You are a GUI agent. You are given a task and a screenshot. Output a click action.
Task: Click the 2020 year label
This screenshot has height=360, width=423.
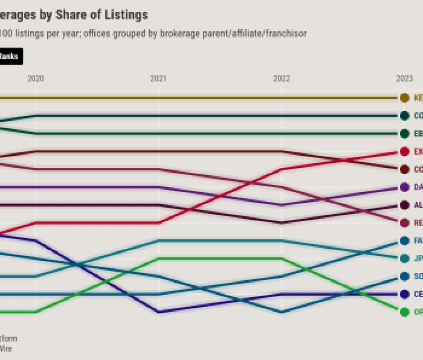36,79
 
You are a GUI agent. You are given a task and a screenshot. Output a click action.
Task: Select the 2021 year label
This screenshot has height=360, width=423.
158,79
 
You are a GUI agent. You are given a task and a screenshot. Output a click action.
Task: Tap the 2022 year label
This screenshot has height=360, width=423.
282,79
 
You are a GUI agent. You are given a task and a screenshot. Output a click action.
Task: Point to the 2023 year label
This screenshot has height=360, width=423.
404,79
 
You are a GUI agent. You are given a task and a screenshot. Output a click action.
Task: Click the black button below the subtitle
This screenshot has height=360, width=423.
10,57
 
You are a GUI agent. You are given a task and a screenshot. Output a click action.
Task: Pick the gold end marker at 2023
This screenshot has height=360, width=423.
404,98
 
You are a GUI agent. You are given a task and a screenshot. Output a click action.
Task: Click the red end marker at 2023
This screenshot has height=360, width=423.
404,152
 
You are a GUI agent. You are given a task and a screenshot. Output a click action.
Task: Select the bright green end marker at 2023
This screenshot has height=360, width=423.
404,312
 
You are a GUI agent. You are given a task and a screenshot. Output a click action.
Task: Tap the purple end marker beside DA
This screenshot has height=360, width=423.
404,187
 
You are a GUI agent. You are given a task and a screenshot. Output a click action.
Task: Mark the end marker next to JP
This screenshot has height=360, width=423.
404,258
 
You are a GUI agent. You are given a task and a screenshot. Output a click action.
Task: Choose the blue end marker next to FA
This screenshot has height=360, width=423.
404,241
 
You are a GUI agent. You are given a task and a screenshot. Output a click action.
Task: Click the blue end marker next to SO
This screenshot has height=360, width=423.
404,277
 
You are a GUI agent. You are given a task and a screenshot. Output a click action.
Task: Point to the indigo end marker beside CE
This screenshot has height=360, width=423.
404,294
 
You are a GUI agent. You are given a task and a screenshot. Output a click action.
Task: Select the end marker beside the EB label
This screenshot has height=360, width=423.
404,134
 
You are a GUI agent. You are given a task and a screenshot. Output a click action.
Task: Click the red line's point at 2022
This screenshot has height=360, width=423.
282,169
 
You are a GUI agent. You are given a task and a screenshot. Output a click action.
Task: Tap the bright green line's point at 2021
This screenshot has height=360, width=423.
159,258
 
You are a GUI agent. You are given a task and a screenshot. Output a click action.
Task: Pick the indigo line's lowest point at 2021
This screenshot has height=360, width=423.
159,312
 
